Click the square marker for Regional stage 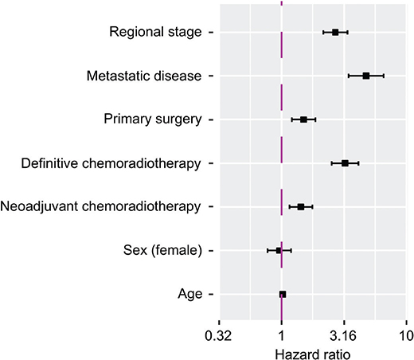point(335,33)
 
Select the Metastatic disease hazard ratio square point(366,76)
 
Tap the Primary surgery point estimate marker point(303,119)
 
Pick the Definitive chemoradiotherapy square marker point(345,163)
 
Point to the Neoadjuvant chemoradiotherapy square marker point(301,207)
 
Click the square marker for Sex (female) point(279,250)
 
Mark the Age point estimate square point(283,294)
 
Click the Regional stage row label point(155,32)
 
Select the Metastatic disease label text point(144,76)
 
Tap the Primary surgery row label point(153,119)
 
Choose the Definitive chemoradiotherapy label point(111,163)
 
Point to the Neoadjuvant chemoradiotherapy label point(100,206)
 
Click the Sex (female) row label point(162,250)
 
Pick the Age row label point(190,295)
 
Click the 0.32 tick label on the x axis point(218,336)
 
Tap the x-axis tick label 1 point(281,336)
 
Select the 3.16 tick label point(343,336)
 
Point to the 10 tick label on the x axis point(406,336)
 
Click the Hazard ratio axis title point(313,354)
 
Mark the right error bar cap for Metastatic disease point(384,76)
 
